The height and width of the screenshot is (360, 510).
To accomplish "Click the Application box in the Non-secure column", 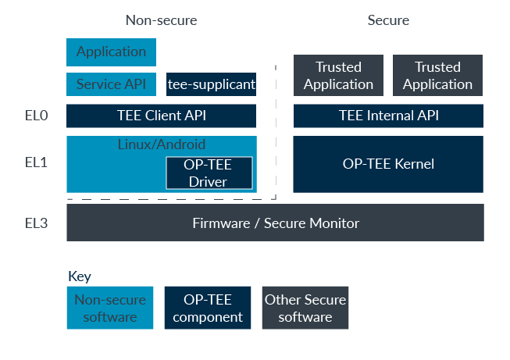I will (x=111, y=52).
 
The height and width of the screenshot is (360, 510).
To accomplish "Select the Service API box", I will (x=111, y=84).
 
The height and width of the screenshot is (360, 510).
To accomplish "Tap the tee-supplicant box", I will (x=212, y=84).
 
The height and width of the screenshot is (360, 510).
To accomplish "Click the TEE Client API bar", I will (x=161, y=116).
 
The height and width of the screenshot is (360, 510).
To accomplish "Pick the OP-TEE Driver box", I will (x=209, y=173).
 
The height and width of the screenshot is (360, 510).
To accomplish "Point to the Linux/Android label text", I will (x=161, y=144).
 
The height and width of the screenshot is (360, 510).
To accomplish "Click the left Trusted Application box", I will (x=338, y=76).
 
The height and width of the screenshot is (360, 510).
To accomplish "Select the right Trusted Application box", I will (x=437, y=76).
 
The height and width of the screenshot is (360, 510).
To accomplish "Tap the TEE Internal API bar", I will (x=388, y=116).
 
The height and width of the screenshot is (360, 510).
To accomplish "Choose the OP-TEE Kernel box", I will (x=388, y=164).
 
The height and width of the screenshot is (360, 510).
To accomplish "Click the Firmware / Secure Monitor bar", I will (x=275, y=223).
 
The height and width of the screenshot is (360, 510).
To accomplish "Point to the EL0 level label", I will (x=36, y=116).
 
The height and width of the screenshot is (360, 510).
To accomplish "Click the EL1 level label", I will (x=36, y=163).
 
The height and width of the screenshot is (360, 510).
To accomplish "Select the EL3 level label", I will (x=36, y=223).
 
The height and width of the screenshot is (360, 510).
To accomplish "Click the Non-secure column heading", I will (x=161, y=20).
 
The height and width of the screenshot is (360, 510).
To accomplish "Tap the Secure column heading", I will (x=388, y=20).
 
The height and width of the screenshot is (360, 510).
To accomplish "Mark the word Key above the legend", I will (x=80, y=276).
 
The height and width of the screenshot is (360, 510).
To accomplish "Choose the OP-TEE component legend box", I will (x=208, y=308).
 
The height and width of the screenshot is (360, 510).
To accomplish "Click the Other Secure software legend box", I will (x=305, y=308).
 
